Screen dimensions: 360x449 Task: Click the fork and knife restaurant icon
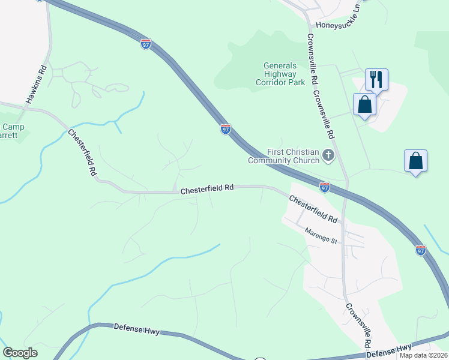pyautogui.click(x=376, y=79)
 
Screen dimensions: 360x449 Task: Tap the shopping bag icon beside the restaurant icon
pyautogui.click(x=364, y=104)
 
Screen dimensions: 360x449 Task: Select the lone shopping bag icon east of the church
pyautogui.click(x=415, y=161)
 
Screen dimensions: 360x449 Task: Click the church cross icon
pyautogui.click(x=328, y=156)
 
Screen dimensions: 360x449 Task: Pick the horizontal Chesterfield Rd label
pyautogui.click(x=206, y=189)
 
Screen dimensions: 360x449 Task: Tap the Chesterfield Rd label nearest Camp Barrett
pyautogui.click(x=82, y=152)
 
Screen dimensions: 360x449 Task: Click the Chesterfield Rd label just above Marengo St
pyautogui.click(x=313, y=208)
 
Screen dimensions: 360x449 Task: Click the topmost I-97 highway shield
pyautogui.click(x=146, y=44)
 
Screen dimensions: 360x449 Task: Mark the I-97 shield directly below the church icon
pyautogui.click(x=324, y=188)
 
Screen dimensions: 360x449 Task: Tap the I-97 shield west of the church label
pyautogui.click(x=225, y=129)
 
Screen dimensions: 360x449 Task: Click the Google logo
pyautogui.click(x=20, y=353)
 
